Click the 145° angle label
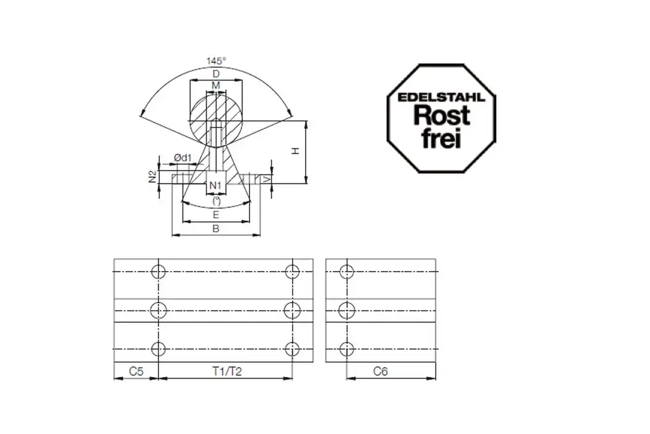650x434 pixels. point(216,61)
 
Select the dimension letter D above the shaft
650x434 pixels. point(216,74)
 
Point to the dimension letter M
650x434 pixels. point(216,85)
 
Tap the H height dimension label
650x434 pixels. point(296,151)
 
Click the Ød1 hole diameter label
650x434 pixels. point(182,159)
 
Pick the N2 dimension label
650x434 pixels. point(152,177)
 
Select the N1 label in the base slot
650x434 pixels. point(215,185)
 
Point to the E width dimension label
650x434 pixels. point(215,215)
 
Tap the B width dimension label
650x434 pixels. point(215,228)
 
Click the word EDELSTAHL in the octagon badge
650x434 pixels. point(441,97)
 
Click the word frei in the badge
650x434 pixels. point(441,138)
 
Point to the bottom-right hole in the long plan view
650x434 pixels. point(292,348)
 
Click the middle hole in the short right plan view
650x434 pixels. point(347,309)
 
